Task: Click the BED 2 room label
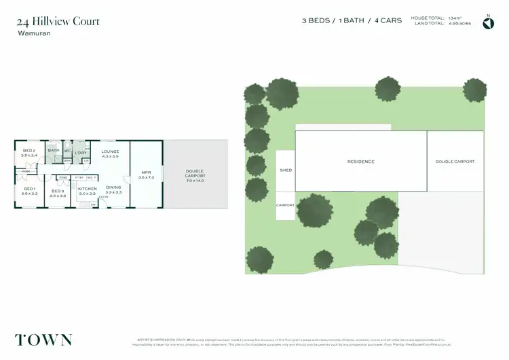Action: click(x=29, y=151)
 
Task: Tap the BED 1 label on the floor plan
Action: click(x=29, y=189)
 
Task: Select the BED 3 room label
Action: click(x=58, y=191)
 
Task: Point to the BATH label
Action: click(x=54, y=151)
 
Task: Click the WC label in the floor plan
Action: click(x=68, y=151)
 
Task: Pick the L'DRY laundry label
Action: click(x=81, y=154)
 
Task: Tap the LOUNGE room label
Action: click(x=110, y=151)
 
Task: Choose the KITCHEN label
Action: click(x=87, y=189)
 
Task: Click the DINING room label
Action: click(x=113, y=187)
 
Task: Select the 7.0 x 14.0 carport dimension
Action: click(x=194, y=181)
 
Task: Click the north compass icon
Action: click(x=488, y=23)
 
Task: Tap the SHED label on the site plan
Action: click(x=286, y=170)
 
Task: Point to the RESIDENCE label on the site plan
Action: click(x=360, y=162)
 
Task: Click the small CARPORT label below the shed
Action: click(x=286, y=204)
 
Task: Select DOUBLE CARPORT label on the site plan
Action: click(x=455, y=162)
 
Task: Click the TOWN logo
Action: click(x=43, y=340)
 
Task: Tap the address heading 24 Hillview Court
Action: click(x=58, y=22)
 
